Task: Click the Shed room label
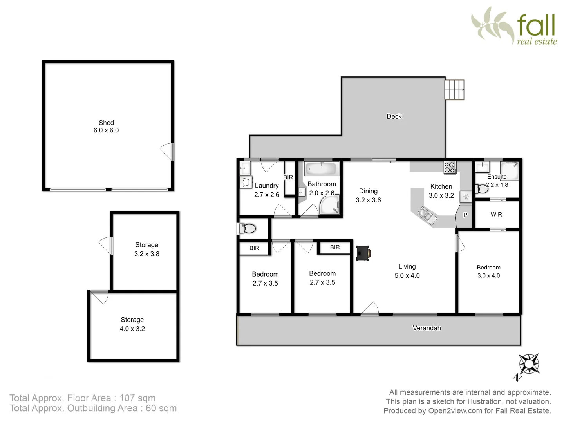tap(106, 123)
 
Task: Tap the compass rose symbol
tap(529, 363)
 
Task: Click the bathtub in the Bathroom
tap(321, 169)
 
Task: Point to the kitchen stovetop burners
tap(450, 167)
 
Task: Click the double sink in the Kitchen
tap(425, 215)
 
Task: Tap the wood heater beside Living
tap(363, 253)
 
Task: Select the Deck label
tap(394, 116)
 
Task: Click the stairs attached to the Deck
tap(454, 90)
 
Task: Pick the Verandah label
tap(427, 328)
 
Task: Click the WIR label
tap(496, 215)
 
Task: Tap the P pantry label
tap(465, 215)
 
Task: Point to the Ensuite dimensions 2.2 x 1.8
tap(497, 185)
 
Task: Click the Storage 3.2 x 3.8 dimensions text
tap(147, 254)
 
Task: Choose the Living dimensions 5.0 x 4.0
tap(407, 276)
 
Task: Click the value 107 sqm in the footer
tap(137, 398)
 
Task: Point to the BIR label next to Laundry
tap(288, 177)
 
